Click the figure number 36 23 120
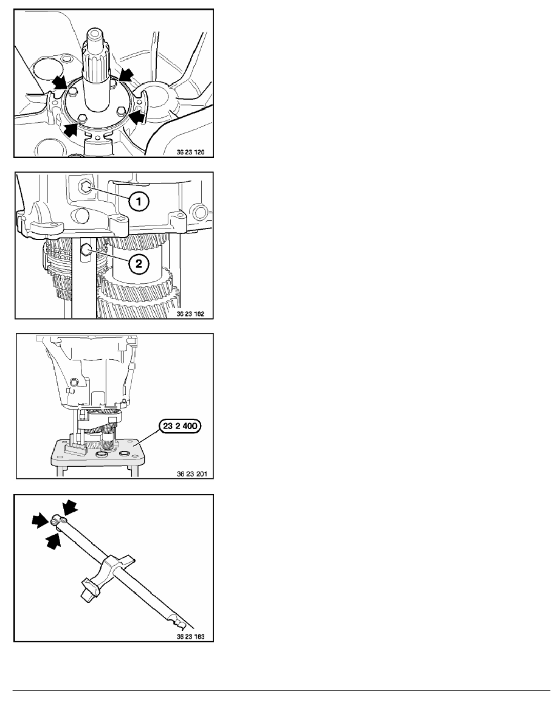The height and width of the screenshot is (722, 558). point(191,152)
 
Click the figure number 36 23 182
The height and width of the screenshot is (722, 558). point(191,314)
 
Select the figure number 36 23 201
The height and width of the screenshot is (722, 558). point(192,474)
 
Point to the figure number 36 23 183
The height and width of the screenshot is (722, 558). point(191,637)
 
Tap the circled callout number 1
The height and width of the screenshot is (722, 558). point(139,201)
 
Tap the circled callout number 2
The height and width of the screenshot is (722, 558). point(139,264)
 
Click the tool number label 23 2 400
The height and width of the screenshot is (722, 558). point(180,426)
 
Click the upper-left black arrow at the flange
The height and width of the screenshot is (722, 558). point(60,83)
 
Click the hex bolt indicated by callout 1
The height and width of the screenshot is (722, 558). point(85,186)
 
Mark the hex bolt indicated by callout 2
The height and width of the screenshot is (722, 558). point(84,250)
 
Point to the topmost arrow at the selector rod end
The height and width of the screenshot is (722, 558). point(69,507)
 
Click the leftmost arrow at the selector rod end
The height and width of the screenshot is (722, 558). point(41,520)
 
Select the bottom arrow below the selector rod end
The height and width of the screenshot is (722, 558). point(53,540)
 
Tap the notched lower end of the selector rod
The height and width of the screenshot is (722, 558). point(181,622)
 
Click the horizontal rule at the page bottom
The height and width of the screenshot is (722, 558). point(281,690)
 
